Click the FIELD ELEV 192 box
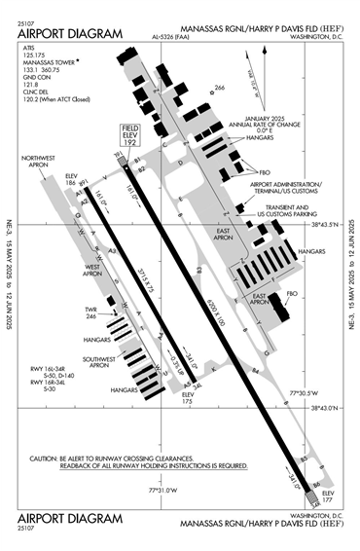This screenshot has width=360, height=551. pos(128,136)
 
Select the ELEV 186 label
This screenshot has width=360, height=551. pos(69,180)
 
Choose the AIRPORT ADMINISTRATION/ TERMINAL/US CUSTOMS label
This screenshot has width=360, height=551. pos(285,188)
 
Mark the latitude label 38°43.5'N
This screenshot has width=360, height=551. pos(331,224)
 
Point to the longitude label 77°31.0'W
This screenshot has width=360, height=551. pos(164,492)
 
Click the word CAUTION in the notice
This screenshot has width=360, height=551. pos(47,458)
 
